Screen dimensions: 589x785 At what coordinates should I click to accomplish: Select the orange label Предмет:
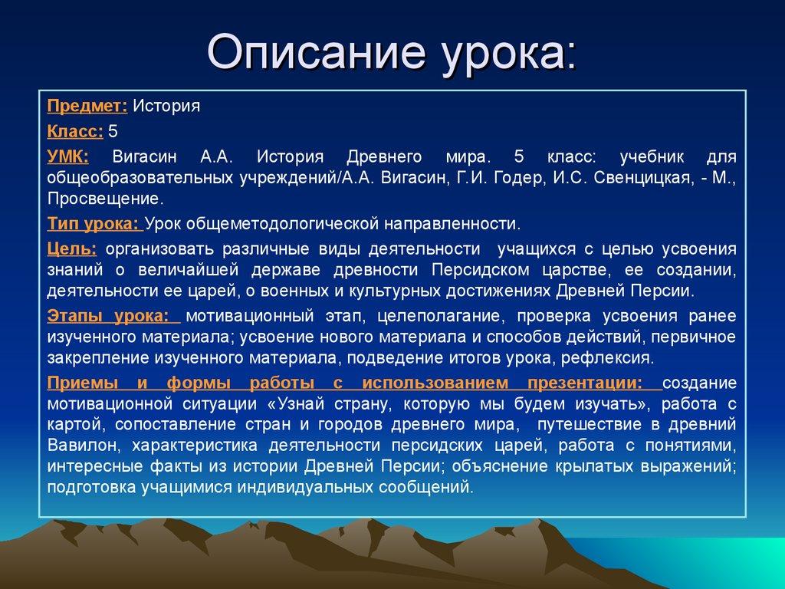pos(87,106)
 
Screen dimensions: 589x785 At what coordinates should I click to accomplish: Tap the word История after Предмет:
pos(166,106)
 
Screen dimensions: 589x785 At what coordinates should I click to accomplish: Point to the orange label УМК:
pos(67,156)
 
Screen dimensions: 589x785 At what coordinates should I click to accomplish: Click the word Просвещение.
pos(105,199)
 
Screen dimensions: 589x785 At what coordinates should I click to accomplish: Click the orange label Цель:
pos(71,249)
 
